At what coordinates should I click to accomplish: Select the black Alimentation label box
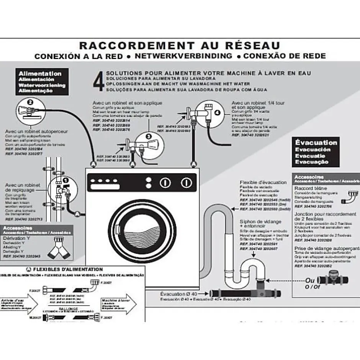pyautogui.click(x=42, y=82)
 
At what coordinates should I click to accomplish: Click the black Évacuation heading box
pyautogui.click(x=316, y=152)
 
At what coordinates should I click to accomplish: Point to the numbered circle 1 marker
pyautogui.click(x=65, y=180)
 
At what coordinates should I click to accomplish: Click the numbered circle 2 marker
pyautogui.click(x=30, y=102)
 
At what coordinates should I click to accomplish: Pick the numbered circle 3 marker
pyautogui.click(x=149, y=135)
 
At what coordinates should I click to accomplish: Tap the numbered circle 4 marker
pyautogui.click(x=217, y=113)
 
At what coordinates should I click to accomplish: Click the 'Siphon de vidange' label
pyautogui.click(x=260, y=222)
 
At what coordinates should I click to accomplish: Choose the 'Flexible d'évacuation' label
pyautogui.click(x=263, y=182)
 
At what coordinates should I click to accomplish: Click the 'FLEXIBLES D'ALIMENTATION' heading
pyautogui.click(x=70, y=270)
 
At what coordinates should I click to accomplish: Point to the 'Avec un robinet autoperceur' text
pyautogui.click(x=36, y=131)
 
